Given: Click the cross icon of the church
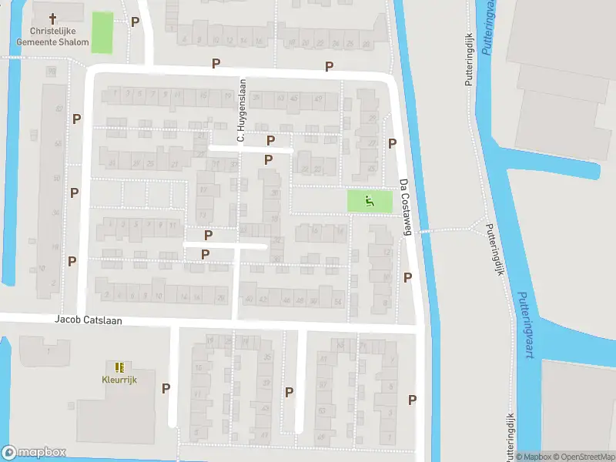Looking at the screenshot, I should [53, 18].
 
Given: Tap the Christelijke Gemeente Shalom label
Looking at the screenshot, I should [54, 36].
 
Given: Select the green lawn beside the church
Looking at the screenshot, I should [101, 32].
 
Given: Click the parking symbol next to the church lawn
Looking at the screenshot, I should [136, 22].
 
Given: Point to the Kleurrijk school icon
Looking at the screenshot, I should [119, 367].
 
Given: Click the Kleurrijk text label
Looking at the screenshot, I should [119, 380].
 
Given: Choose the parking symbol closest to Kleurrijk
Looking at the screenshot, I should [166, 388].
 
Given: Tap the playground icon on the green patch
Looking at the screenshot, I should [370, 202].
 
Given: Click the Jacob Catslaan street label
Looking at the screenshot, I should [89, 319].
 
